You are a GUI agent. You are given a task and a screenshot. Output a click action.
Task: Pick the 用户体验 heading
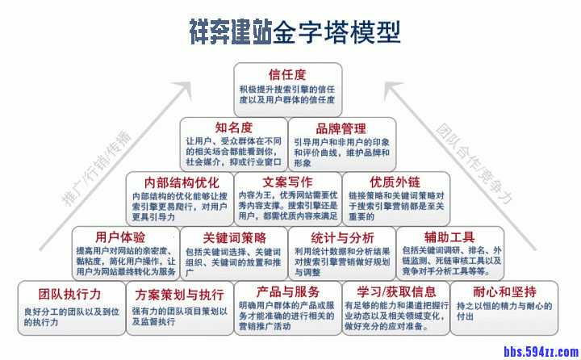point(120,237)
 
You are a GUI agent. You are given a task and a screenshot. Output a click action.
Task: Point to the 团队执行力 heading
point(70,291)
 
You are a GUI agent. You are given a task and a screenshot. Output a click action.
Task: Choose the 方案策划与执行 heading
point(179,292)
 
